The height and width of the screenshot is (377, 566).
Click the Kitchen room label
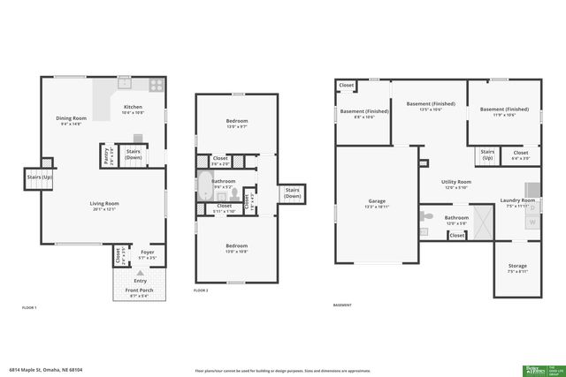[x=132, y=108]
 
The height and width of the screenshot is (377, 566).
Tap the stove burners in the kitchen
[x=156, y=85]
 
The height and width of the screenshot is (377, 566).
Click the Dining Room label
[x=71, y=118]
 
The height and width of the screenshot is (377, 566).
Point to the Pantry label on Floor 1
[x=107, y=155]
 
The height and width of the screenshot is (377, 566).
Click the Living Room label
[x=103, y=204]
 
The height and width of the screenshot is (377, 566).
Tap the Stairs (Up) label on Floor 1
[x=40, y=177]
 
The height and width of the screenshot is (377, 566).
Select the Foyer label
[x=148, y=253]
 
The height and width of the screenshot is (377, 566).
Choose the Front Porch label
[x=140, y=290]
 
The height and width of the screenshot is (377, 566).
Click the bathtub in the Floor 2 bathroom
[x=204, y=186]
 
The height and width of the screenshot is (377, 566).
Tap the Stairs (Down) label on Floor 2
[x=292, y=192]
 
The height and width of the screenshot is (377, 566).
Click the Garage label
[x=376, y=201]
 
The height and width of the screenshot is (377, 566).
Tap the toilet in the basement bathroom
[x=426, y=215]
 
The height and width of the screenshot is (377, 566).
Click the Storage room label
[x=517, y=266]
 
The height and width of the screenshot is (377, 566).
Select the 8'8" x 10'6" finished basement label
[x=363, y=111]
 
